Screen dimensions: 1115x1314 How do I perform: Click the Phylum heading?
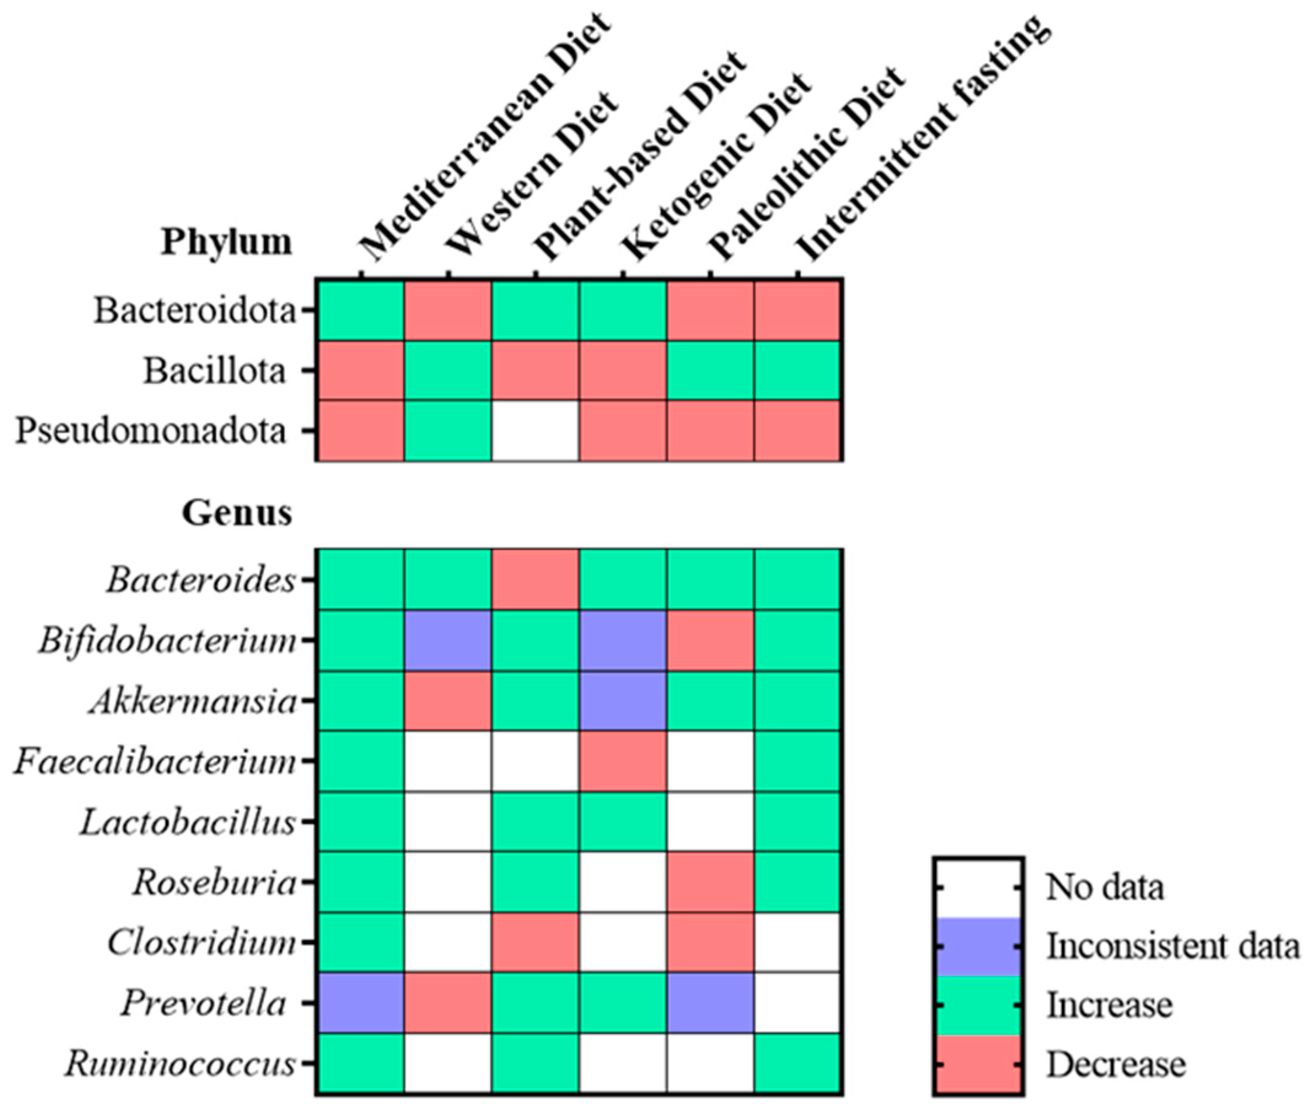pyautogui.click(x=227, y=242)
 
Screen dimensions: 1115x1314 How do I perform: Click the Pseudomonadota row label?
pyautogui.click(x=151, y=431)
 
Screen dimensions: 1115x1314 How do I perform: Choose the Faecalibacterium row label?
pyautogui.click(x=155, y=762)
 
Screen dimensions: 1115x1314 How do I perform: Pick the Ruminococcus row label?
pyautogui.click(x=181, y=1063)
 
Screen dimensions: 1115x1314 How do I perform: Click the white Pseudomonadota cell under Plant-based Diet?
pyautogui.click(x=535, y=431)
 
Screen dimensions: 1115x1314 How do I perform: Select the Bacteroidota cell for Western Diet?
pyautogui.click(x=448, y=311)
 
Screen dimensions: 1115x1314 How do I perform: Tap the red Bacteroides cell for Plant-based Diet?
pyautogui.click(x=535, y=580)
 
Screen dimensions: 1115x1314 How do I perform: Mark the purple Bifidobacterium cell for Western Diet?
pyautogui.click(x=448, y=640)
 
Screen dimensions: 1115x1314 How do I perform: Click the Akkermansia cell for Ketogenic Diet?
pyautogui.click(x=622, y=701)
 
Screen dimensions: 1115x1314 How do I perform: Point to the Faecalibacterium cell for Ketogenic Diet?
pyautogui.click(x=622, y=761)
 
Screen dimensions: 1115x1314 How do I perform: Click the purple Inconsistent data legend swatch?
pyautogui.click(x=979, y=946)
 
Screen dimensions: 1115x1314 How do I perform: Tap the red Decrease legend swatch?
pyautogui.click(x=979, y=1063)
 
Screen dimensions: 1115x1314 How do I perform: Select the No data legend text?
pyautogui.click(x=1105, y=888)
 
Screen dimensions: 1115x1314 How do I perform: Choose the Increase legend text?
pyautogui.click(x=1110, y=1005)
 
